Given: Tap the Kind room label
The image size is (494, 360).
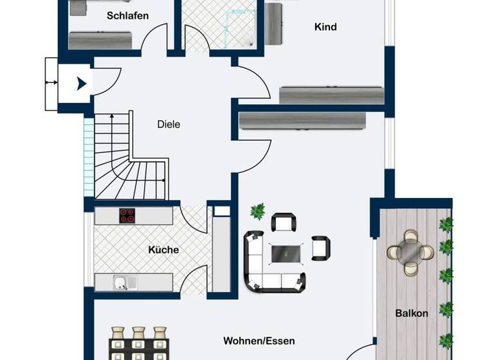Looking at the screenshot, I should pyautogui.click(x=325, y=27).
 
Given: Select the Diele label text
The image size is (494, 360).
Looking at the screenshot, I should pyautogui.click(x=169, y=124).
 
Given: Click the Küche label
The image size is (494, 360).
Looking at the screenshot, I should pyautogui.click(x=163, y=249).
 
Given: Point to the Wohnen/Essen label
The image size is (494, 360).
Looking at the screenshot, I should pyautogui.click(x=259, y=341).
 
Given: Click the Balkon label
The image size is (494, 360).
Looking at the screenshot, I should pyautogui.click(x=412, y=314).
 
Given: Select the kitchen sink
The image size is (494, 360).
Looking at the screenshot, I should pyautogui.click(x=120, y=282).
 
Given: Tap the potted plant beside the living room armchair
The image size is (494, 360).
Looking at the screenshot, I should pyautogui.click(x=258, y=210).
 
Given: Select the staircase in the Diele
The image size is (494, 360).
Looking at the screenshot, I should pyautogui.click(x=132, y=161).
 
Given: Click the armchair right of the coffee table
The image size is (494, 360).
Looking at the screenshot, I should pyautogui.click(x=320, y=248).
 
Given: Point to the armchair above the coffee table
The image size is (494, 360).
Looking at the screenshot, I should pyautogui.click(x=284, y=223).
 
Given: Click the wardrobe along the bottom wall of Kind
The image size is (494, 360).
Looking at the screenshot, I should pyautogui.click(x=331, y=95).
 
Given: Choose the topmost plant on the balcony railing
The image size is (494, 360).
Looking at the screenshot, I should pyautogui.click(x=445, y=224).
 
